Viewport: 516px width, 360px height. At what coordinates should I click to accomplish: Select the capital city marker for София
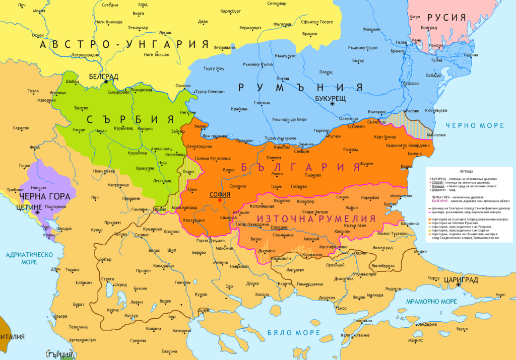[x=220, y=200]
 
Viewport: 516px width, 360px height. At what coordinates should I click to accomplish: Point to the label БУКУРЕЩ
[x=330, y=96]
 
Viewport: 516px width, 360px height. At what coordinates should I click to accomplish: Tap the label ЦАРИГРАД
[x=460, y=278]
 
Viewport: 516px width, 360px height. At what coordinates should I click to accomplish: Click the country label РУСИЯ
[x=450, y=17]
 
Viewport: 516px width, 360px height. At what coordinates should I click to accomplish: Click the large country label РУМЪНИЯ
[x=300, y=87]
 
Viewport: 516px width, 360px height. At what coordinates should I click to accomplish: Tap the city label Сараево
[x=21, y=128]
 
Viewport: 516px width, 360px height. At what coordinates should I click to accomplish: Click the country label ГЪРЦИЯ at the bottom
[x=60, y=354]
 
